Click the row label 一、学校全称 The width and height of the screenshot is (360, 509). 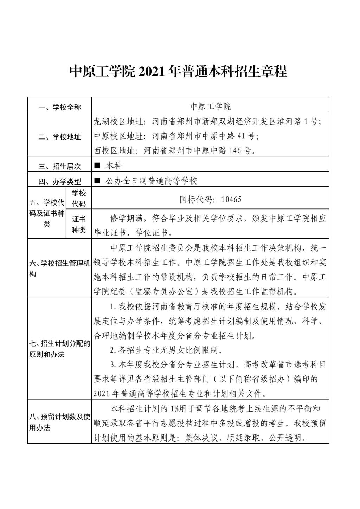[60, 107]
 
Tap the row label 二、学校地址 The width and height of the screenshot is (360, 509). [60, 137]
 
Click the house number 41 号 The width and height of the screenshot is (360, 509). [245, 136]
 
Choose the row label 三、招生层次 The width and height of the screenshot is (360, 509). [60, 166]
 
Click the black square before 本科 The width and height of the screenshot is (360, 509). [97, 165]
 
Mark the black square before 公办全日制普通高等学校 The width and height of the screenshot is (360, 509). [97, 181]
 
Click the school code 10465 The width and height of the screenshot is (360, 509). [231, 200]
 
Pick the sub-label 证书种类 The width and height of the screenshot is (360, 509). [79, 225]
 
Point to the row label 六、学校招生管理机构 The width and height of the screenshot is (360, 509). [60, 268]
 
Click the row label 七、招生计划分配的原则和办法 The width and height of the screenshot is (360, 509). [60, 349]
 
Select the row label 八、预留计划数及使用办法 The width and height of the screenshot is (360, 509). [60, 422]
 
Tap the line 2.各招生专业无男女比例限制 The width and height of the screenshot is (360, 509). [166, 350]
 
